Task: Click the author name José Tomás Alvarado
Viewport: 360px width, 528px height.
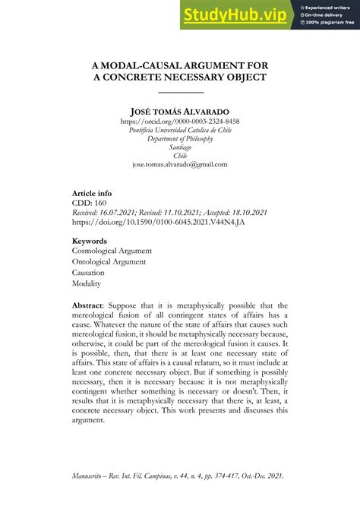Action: point(180,111)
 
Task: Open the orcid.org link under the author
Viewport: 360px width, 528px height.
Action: point(180,122)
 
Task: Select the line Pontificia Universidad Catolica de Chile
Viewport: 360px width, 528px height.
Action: point(180,130)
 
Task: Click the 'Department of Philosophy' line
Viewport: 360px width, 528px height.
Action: point(180,138)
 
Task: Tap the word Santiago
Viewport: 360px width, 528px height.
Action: point(180,147)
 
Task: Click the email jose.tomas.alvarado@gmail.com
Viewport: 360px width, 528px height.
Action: point(180,164)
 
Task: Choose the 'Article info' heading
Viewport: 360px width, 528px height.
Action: point(96,194)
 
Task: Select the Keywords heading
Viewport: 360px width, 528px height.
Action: point(91,241)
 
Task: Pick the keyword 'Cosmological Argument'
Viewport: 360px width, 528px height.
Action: point(112,251)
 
